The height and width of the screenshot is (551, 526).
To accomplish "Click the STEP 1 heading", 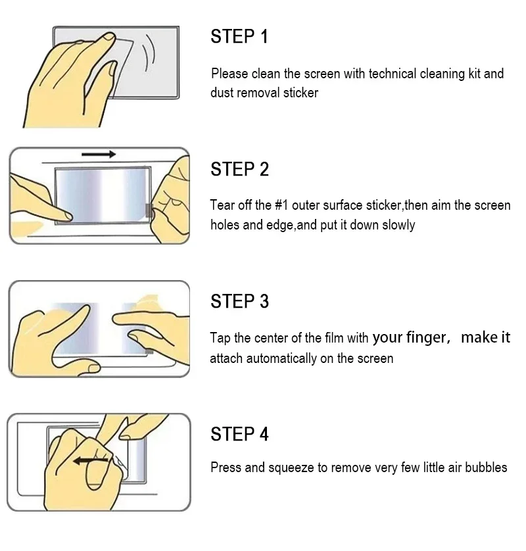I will (239, 37).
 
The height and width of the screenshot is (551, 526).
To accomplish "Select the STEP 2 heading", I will (239, 170).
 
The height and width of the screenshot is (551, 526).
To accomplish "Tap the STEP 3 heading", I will (239, 302).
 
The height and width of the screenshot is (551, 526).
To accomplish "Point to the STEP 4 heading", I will (239, 435).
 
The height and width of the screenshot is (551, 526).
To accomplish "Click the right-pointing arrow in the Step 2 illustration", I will (99, 155).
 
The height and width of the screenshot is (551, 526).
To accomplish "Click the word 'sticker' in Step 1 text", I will (300, 93).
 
